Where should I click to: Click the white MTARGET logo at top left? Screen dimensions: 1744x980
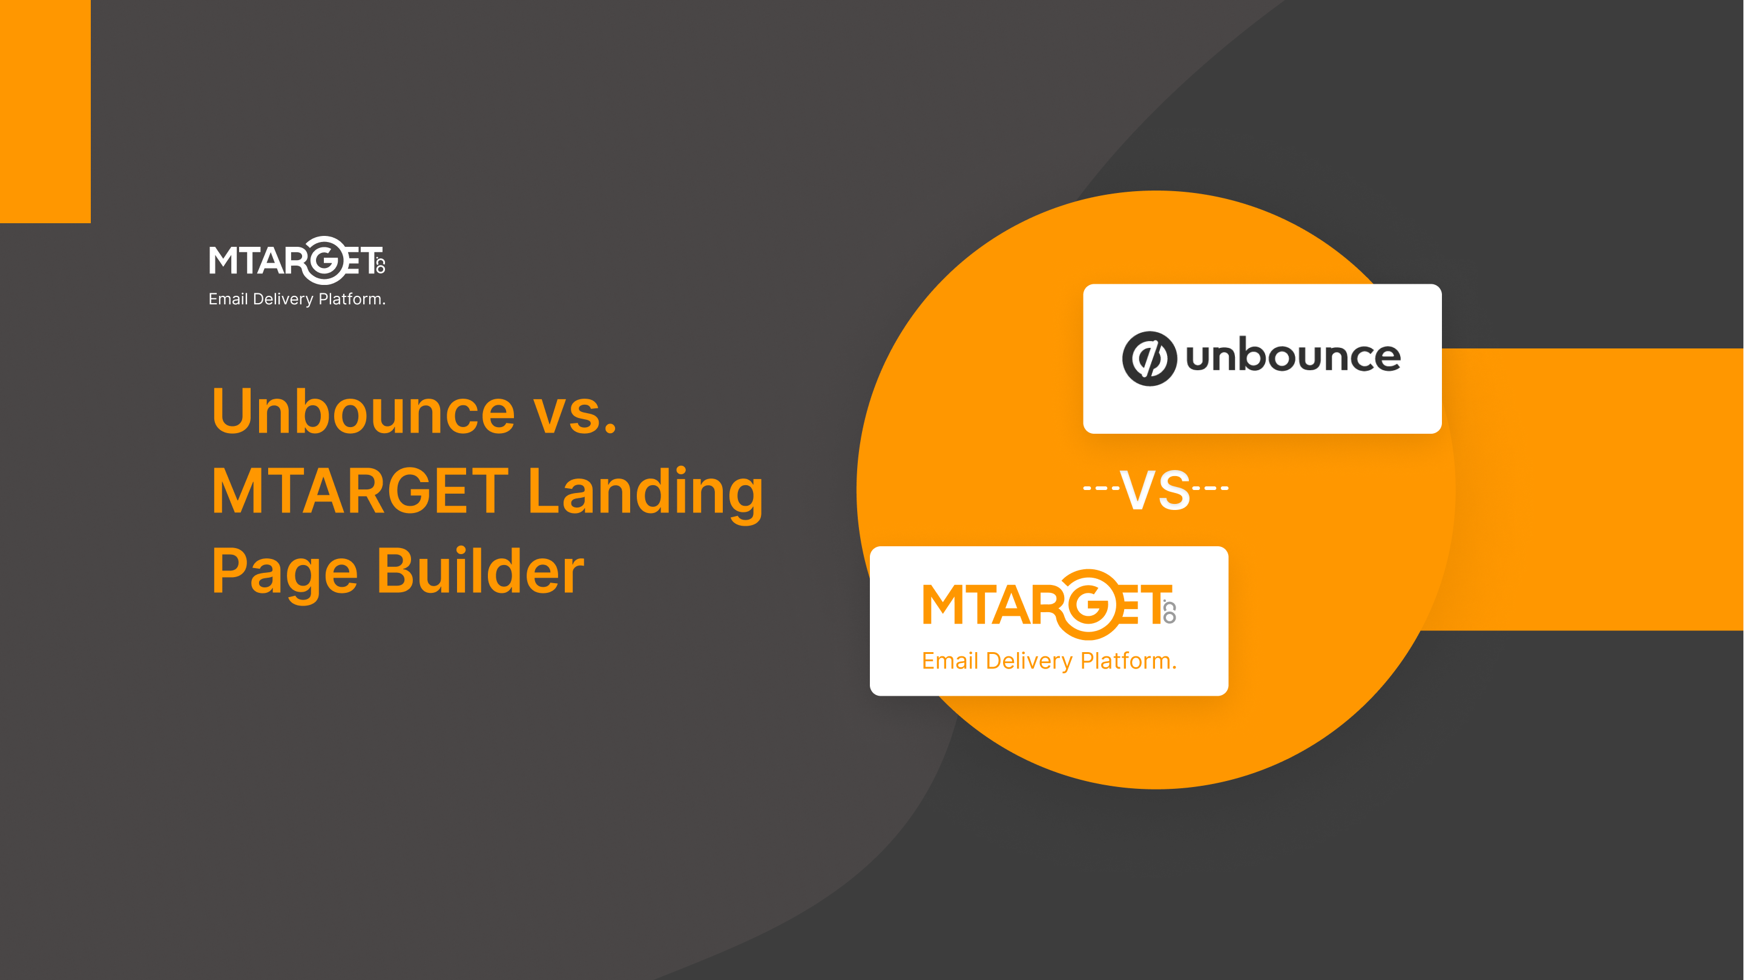pyautogui.click(x=297, y=261)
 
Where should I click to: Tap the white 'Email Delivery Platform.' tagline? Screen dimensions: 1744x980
pyautogui.click(x=297, y=299)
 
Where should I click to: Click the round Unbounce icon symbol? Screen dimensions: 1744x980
pyautogui.click(x=1149, y=359)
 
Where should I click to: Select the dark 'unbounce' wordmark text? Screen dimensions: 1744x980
pyautogui.click(x=1293, y=357)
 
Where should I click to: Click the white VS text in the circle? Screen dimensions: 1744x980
pyautogui.click(x=1155, y=489)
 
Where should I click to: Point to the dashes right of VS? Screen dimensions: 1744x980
pyautogui.click(x=1211, y=488)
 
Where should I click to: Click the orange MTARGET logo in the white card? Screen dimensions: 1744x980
pyautogui.click(x=1050, y=605)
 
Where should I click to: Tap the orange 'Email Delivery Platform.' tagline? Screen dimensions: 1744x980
pyautogui.click(x=1050, y=661)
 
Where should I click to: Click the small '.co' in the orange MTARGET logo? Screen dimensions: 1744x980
pyautogui.click(x=1169, y=611)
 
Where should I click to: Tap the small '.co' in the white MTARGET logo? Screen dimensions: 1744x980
pyautogui.click(x=381, y=264)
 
